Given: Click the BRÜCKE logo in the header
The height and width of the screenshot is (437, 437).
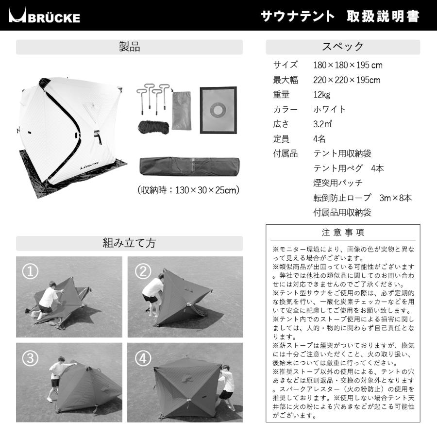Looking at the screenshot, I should pos(45,17).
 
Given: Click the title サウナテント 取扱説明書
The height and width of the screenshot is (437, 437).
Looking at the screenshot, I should pos(340,17).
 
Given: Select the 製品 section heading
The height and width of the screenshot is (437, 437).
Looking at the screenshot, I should pos(129,47).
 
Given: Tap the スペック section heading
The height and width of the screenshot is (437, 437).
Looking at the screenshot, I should pos(343,47).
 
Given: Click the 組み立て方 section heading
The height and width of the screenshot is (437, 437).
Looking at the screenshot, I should pos(129,243).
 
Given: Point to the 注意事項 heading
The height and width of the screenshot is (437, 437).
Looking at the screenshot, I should pos(343,233).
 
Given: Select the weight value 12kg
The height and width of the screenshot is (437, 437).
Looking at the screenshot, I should pos(321,95).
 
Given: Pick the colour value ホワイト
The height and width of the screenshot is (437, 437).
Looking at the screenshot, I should pos(330,109).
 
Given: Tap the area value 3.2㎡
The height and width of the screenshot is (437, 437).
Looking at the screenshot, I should pos(322,124).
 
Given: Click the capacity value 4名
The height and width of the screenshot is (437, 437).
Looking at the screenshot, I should pos(319,139).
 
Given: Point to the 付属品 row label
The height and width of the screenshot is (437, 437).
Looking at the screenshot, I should pos(285,154).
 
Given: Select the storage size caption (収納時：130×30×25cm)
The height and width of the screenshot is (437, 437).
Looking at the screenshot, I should pos(188,190).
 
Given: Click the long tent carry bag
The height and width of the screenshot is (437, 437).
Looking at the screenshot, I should pos(188,166).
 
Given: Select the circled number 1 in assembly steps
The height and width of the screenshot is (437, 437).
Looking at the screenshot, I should pos(31,271).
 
